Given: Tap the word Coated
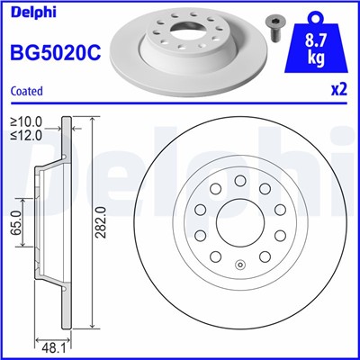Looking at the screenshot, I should coord(26,90).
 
